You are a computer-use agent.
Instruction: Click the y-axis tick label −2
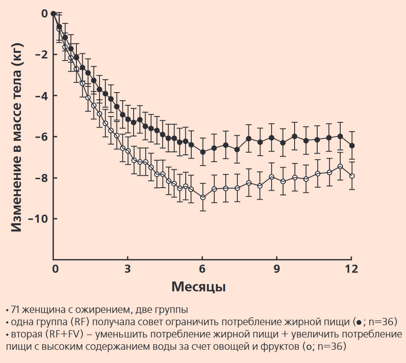point(41,55)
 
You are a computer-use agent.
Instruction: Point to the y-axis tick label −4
point(41,96)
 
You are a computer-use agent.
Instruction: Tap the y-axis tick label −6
point(41,136)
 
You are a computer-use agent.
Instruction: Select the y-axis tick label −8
point(41,178)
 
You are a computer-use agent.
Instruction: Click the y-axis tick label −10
point(38,219)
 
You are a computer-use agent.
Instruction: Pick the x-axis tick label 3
point(127,269)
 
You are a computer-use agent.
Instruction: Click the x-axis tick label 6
point(202,269)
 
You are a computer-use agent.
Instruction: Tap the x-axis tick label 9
point(277,269)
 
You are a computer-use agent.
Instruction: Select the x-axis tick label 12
point(351,269)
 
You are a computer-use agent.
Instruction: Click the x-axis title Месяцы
point(199,287)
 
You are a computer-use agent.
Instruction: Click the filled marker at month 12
point(352,145)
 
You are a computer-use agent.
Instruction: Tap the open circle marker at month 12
point(352,176)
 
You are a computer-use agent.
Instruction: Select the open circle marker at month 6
point(203,197)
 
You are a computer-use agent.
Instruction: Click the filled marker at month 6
point(203,152)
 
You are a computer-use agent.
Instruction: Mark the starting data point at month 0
point(53,14)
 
